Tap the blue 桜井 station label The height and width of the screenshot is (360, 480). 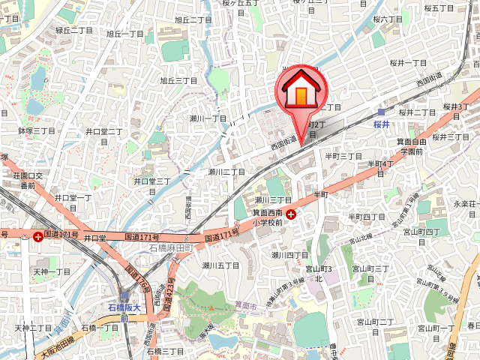[382, 123]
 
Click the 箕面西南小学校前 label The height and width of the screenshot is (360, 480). [267, 217]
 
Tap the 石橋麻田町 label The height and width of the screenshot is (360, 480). [171, 247]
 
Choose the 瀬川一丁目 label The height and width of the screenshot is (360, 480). [208, 118]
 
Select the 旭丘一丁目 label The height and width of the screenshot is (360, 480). [124, 34]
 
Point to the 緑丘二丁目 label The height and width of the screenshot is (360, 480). [74, 31]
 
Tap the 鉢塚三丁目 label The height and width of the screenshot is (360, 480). [36, 130]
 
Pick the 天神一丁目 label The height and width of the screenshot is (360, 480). [52, 271]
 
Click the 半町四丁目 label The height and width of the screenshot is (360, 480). [366, 217]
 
